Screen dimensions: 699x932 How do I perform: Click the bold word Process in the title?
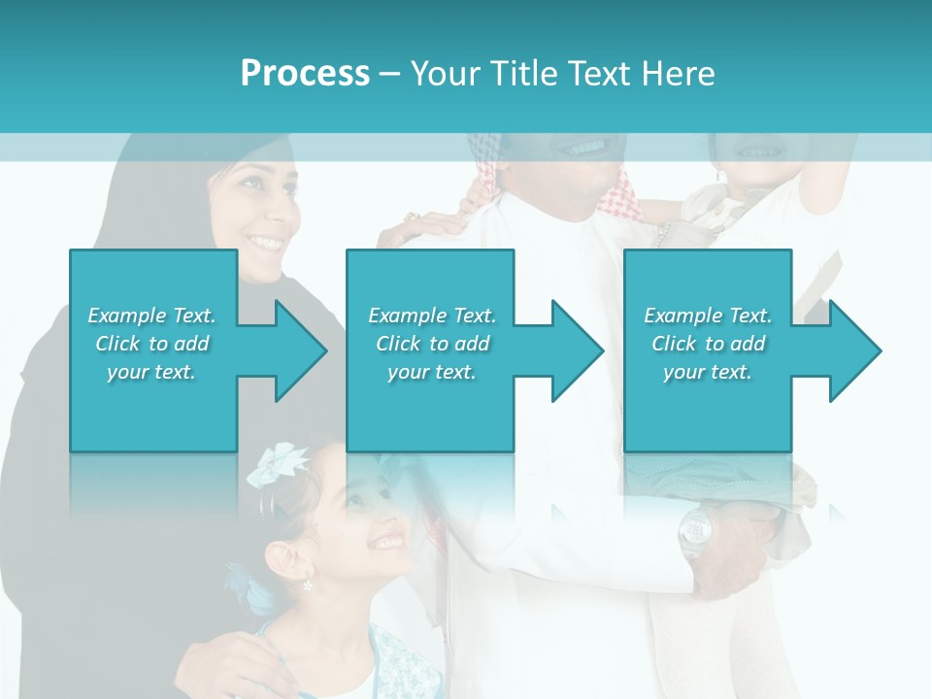coord(305,73)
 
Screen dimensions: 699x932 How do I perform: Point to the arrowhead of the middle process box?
coord(576,350)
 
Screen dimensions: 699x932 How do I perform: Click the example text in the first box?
coord(151,344)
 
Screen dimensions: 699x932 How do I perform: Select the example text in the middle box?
coord(431,344)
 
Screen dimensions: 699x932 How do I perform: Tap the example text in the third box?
coord(708,344)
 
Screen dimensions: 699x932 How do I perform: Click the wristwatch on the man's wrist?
coord(694,529)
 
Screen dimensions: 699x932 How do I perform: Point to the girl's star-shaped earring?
coord(309,585)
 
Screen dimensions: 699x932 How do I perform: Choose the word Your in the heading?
coord(445,73)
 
